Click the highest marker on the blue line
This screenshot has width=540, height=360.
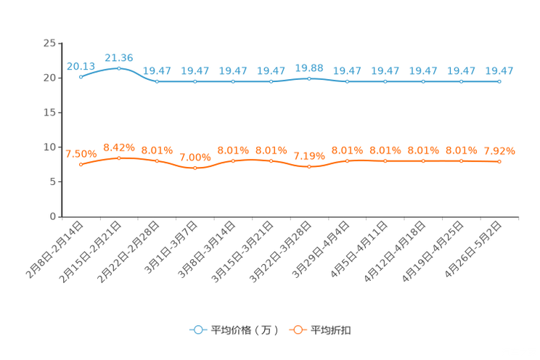[x=118, y=67]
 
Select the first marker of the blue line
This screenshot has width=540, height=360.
[x=81, y=76]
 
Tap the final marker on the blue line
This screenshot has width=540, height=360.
[x=499, y=81]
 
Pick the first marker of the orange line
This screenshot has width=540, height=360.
[x=81, y=164]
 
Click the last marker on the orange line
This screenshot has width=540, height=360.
[x=499, y=161]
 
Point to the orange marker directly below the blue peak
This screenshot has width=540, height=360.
[x=118, y=157]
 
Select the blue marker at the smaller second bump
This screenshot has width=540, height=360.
[x=309, y=77]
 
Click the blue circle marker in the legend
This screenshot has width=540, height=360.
[x=197, y=330]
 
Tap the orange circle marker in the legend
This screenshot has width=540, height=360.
[x=297, y=330]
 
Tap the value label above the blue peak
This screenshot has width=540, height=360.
[x=118, y=57]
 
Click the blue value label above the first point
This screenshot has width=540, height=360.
[x=81, y=66]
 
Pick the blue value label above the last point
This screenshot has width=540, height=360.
[x=499, y=70]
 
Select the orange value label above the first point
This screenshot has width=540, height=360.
[x=81, y=154]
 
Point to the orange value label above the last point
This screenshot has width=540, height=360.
[x=499, y=151]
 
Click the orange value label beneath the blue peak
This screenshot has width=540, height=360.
[x=118, y=147]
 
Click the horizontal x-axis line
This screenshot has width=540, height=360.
[x=290, y=216]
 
